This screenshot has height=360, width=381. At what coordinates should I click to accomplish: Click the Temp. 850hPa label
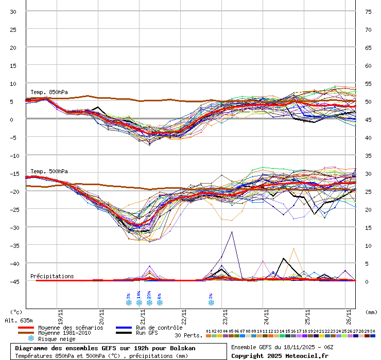pyautogui.click(x=49, y=93)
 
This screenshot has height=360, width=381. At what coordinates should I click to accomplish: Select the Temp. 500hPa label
pyautogui.click(x=49, y=171)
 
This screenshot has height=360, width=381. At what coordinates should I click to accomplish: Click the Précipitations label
pyautogui.click(x=52, y=276)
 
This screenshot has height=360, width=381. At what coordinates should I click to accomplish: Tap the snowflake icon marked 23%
pyautogui.click(x=149, y=302)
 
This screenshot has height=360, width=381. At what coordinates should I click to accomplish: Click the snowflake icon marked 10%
pyautogui.click(x=139, y=302)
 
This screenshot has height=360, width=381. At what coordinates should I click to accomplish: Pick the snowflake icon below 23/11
pyautogui.click(x=211, y=302)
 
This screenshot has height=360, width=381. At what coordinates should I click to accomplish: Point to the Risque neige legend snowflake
pyautogui.click(x=31, y=339)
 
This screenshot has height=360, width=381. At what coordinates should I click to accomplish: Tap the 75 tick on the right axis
pyautogui.click(x=368, y=11)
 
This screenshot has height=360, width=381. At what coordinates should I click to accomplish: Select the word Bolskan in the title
pyautogui.click(x=182, y=348)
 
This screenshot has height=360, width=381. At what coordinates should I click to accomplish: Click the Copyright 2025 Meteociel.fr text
pyautogui.click(x=280, y=355)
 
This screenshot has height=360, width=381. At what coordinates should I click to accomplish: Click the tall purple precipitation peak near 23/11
pyautogui.click(x=232, y=232)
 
